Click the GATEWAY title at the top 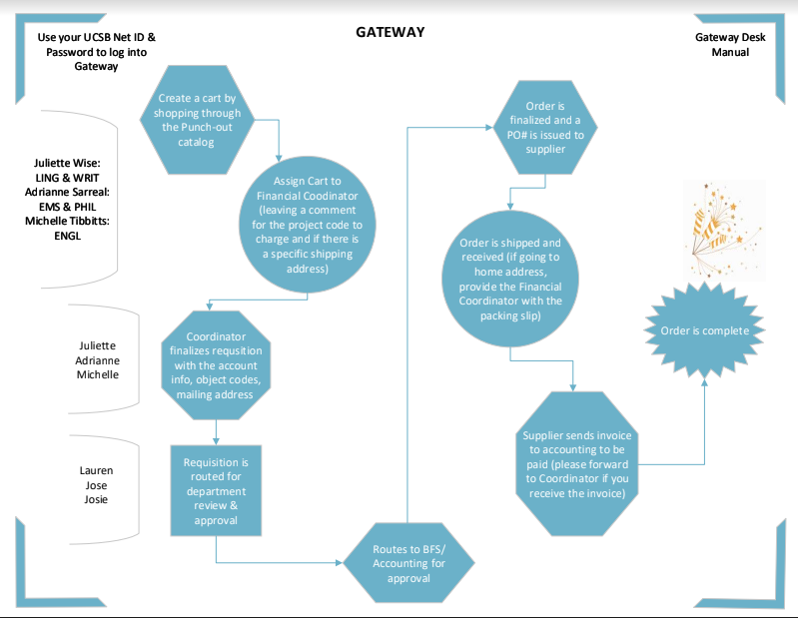(x=391, y=32)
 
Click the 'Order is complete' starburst (x=705, y=330)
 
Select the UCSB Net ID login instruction (x=96, y=51)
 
